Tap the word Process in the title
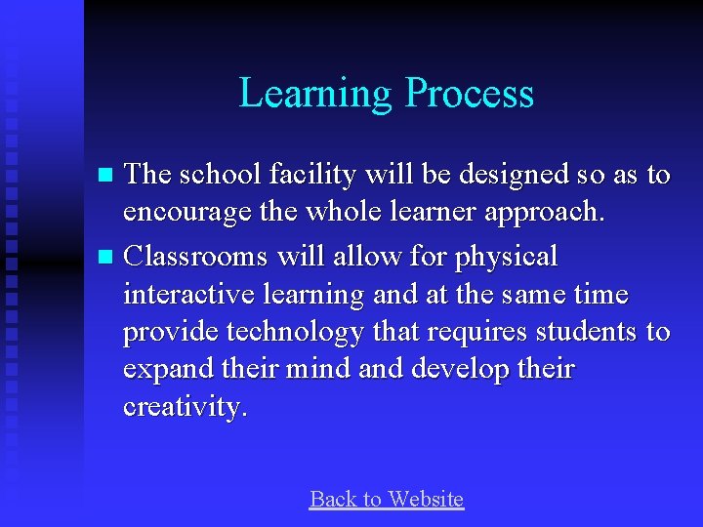[x=470, y=94]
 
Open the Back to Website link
[x=386, y=500]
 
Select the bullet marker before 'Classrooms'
[x=107, y=259]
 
